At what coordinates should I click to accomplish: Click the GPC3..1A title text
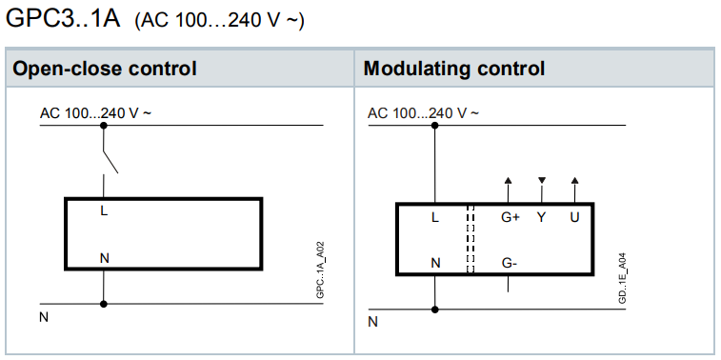tap(63, 20)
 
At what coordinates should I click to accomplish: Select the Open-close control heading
tap(105, 69)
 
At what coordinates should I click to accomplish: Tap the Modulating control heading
tap(454, 69)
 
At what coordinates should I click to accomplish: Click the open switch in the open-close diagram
tap(110, 161)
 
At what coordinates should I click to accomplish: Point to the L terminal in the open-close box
tap(104, 211)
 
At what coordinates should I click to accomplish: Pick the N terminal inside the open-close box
tap(105, 258)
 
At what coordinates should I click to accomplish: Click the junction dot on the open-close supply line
tap(104, 125)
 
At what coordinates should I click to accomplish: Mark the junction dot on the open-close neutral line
tap(104, 304)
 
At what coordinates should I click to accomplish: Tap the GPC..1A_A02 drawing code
tap(321, 270)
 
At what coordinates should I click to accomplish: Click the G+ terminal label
tap(510, 217)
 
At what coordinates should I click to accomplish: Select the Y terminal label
tap(542, 217)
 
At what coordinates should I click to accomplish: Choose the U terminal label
tap(574, 217)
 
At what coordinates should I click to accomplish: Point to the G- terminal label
tap(509, 263)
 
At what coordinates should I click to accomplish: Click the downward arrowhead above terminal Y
tap(542, 180)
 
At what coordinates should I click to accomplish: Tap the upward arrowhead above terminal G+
tap(508, 180)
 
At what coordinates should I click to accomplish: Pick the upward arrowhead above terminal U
tap(574, 180)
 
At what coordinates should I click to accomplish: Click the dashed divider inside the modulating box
tap(471, 239)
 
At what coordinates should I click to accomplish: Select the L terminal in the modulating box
tap(435, 217)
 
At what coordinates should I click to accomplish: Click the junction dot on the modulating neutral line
tap(435, 310)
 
